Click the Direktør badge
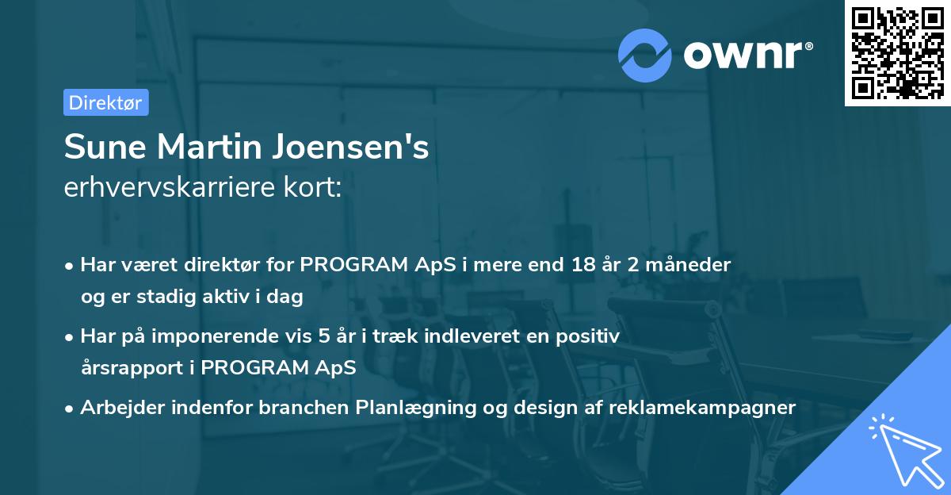(x=105, y=102)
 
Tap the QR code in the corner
(x=897, y=53)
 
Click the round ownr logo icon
(x=645, y=55)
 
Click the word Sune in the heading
(x=103, y=148)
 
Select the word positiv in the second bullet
(x=590, y=336)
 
